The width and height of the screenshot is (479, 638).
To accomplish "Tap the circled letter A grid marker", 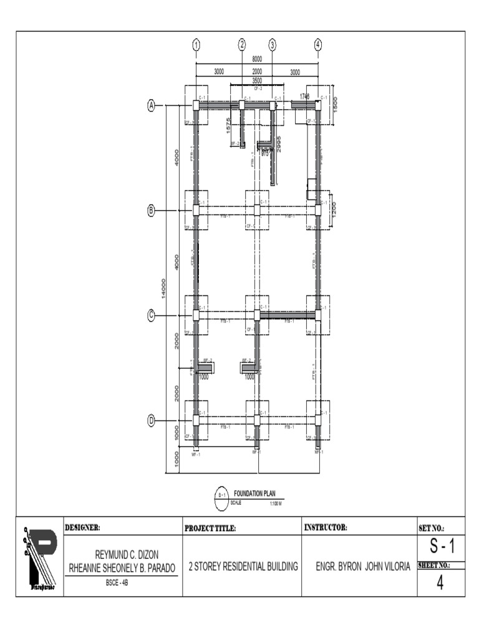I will pyautogui.click(x=151, y=105).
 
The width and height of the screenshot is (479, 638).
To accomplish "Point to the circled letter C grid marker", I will pyautogui.click(x=151, y=315).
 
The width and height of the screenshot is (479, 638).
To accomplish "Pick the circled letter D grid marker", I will pyautogui.click(x=151, y=421).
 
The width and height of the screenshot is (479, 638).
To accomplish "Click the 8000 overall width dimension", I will pyautogui.click(x=257, y=59).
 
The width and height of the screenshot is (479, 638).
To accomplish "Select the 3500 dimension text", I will pyautogui.click(x=257, y=81).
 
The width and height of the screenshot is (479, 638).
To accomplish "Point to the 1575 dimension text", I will pyautogui.click(x=229, y=125).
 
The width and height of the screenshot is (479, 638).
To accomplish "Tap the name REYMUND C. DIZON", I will pyautogui.click(x=122, y=555).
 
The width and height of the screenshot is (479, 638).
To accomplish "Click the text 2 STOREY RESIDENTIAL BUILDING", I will pyautogui.click(x=243, y=566).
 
